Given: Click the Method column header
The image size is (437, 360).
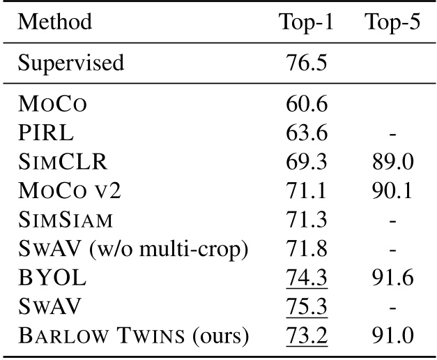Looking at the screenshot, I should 55,22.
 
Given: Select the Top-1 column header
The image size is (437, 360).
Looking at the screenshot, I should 306,22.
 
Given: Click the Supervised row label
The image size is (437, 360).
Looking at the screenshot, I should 71,63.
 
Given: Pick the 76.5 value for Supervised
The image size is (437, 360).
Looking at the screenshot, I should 306,63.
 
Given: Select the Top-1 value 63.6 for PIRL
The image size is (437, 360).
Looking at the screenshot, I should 306,133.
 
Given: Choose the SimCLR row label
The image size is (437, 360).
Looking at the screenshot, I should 62,162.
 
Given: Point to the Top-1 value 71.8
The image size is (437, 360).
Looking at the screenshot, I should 306,248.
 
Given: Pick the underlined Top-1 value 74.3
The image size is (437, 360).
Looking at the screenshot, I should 306,278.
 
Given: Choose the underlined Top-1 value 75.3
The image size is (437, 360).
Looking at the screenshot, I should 306,306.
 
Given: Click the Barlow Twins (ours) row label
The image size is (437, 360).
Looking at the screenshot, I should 133,336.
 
